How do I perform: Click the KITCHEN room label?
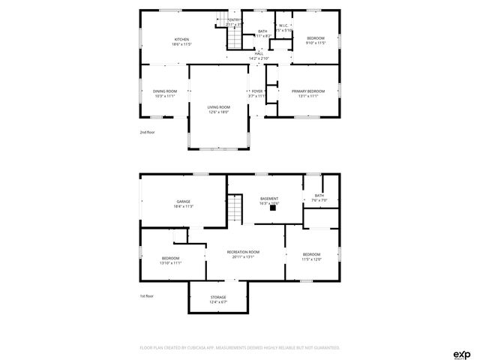[181, 39]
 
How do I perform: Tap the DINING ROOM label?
[164, 91]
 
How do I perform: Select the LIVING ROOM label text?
[219, 106]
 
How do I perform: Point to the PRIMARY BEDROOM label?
[308, 91]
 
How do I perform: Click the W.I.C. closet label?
[284, 25]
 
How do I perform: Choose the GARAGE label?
[183, 201]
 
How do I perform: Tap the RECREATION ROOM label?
[244, 251]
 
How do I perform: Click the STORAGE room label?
[218, 297]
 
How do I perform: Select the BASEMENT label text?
[268, 199]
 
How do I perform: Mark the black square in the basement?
[273, 209]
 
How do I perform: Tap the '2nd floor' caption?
[147, 132]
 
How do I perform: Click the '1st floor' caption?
[147, 296]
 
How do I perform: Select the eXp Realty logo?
[461, 353]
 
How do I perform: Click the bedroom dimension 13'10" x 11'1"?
[171, 262]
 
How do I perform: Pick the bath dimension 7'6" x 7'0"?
[319, 201]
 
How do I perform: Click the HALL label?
[259, 53]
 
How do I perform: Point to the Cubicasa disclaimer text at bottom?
[240, 348]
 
